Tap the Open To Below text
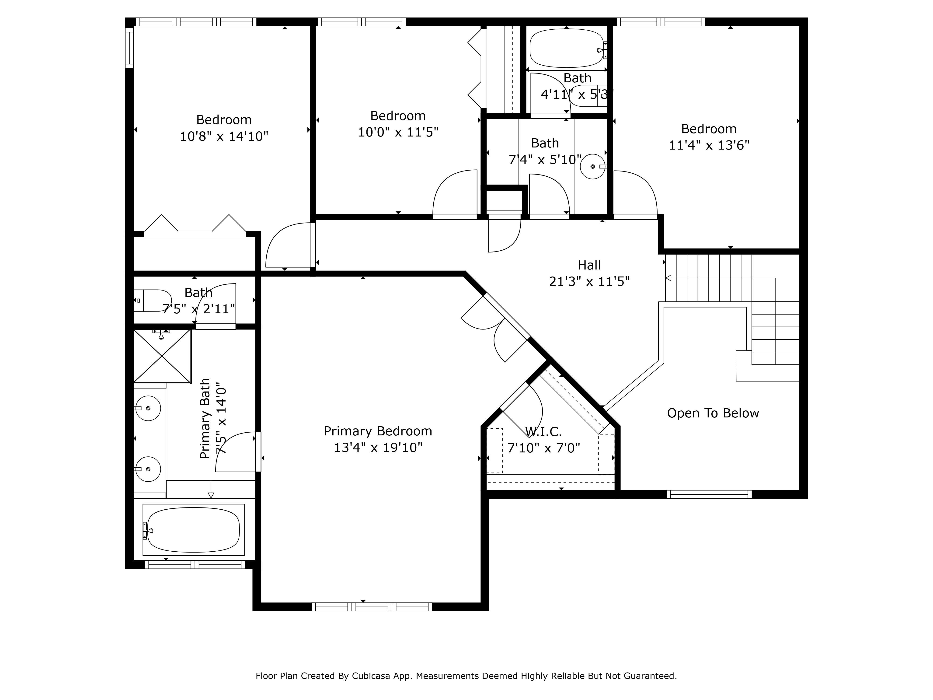[x=713, y=413]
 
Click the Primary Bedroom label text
[x=378, y=431]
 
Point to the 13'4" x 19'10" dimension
[x=378, y=447]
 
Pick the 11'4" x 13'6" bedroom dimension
[x=709, y=145]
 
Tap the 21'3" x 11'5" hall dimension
[x=589, y=281]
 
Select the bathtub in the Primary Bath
[x=194, y=529]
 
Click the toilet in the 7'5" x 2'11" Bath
[x=152, y=301]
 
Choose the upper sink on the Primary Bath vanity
[x=148, y=408]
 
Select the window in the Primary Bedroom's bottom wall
[x=372, y=607]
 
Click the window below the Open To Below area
[x=709, y=494]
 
